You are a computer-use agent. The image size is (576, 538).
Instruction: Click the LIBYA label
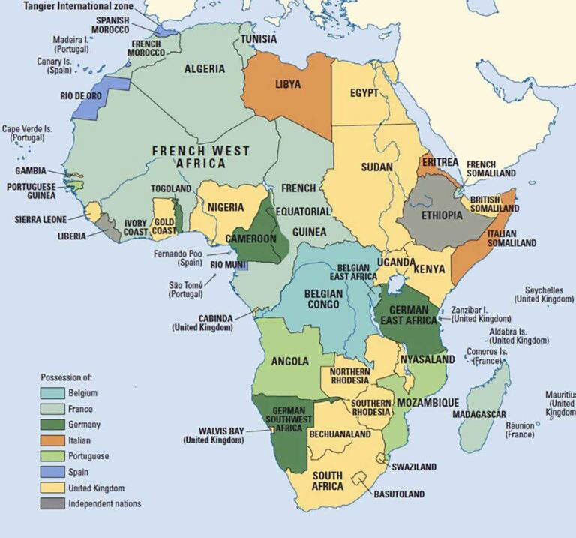pos(287,85)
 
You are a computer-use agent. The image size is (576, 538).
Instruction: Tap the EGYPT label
pos(364,93)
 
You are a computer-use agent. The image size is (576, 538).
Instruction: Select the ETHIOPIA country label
pos(441,215)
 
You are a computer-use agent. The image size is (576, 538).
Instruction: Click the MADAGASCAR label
pos(480,414)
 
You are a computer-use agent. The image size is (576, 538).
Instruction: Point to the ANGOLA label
pos(289,361)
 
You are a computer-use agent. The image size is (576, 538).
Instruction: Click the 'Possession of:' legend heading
pos(70,377)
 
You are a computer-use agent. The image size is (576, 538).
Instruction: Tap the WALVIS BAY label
pos(213,431)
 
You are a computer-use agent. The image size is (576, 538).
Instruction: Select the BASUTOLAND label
pos(400,494)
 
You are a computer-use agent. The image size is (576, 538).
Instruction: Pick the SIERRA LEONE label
pos(40,219)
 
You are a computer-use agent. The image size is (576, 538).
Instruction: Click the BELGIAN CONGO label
pos(325,299)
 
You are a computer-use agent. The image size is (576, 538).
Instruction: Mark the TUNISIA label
pos(259,38)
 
